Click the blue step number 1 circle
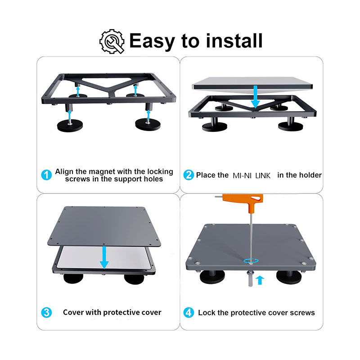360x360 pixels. (46, 175)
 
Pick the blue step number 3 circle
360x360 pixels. (46, 312)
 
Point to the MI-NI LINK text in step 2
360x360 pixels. (252, 175)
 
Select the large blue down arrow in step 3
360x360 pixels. (103, 257)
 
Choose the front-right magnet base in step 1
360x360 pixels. (148, 125)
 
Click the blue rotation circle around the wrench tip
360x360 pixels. (251, 261)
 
